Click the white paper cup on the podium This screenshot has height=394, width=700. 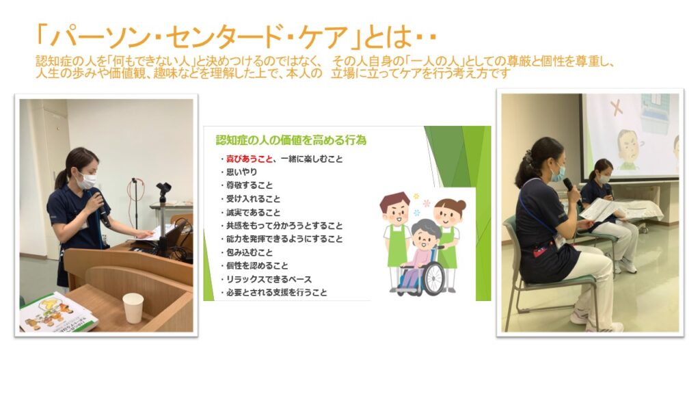(133, 308)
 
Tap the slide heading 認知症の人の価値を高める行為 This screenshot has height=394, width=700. (291, 140)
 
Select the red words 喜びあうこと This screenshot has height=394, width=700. (249, 159)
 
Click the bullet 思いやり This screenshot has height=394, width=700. (241, 172)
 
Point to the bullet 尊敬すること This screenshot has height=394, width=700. (249, 185)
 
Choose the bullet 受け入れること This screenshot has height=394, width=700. (253, 199)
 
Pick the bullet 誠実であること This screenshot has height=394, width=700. (253, 212)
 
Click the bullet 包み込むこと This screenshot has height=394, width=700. (249, 252)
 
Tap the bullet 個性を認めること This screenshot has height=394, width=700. (257, 266)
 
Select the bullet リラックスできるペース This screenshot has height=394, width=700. (269, 279)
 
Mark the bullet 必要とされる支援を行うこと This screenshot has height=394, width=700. (276, 293)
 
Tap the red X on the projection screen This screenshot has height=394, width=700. (617, 108)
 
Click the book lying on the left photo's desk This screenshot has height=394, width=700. (58, 313)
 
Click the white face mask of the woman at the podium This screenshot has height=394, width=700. (87, 181)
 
